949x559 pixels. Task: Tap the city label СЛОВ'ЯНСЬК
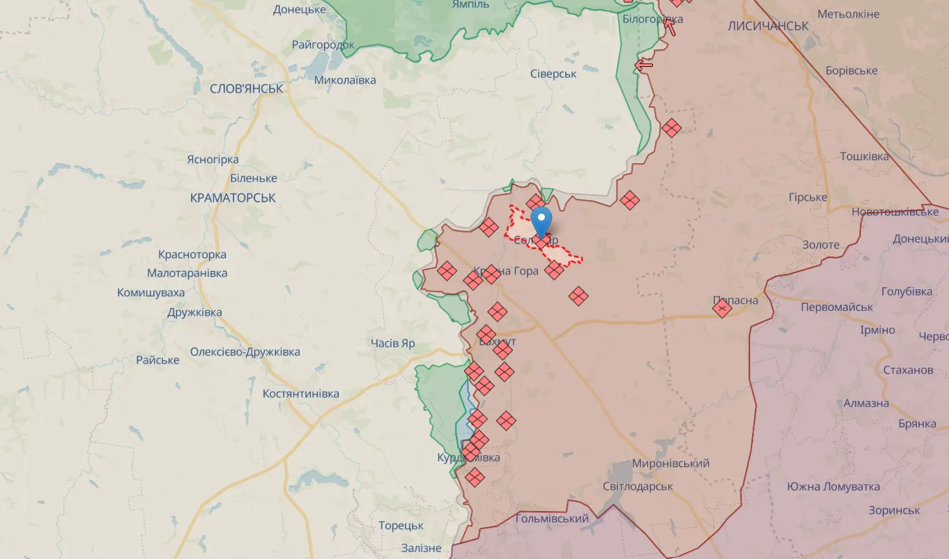pyautogui.click(x=247, y=89)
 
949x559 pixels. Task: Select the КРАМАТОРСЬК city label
pyautogui.click(x=233, y=198)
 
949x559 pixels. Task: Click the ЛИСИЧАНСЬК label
pyautogui.click(x=767, y=26)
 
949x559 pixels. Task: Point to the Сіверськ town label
pyautogui.click(x=553, y=74)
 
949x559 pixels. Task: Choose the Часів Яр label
pyautogui.click(x=393, y=343)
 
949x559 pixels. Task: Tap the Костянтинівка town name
pyautogui.click(x=301, y=394)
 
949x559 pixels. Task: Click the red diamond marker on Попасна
pyautogui.click(x=723, y=308)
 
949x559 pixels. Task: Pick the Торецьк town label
pyautogui.click(x=401, y=526)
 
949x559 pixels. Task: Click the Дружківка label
pyautogui.click(x=194, y=312)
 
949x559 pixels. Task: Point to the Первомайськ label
pyautogui.click(x=837, y=307)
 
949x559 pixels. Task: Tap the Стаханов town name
pyautogui.click(x=908, y=370)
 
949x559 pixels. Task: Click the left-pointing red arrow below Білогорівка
pyautogui.click(x=644, y=66)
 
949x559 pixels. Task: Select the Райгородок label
pyautogui.click(x=323, y=45)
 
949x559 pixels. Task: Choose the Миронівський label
pyautogui.click(x=671, y=464)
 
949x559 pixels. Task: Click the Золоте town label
pyautogui.click(x=821, y=245)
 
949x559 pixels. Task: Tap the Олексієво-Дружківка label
pyautogui.click(x=245, y=352)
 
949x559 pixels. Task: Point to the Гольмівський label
pyautogui.click(x=552, y=519)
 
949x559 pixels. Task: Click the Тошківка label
pyautogui.click(x=864, y=156)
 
